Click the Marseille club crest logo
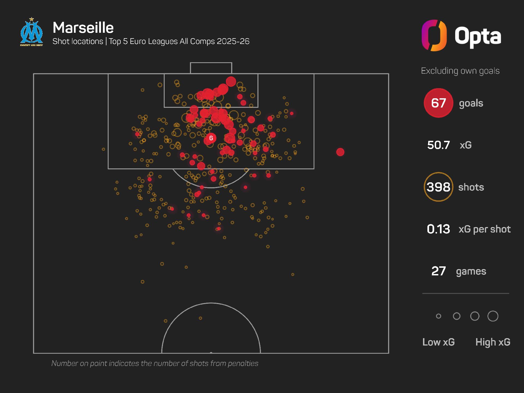[32, 32]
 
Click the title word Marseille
[83, 28]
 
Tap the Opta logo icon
[434, 35]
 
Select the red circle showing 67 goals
[438, 103]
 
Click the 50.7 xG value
[438, 145]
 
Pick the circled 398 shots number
[438, 187]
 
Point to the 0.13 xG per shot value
[438, 229]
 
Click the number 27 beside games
[438, 271]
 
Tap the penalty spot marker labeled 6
[211, 138]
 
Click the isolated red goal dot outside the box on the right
[340, 152]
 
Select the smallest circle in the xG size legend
[439, 316]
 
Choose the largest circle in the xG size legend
[493, 316]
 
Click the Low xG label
[438, 342]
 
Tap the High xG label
[493, 342]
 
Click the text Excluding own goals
[460, 71]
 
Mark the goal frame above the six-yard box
[211, 68]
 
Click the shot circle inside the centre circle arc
[200, 318]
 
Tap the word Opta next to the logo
[478, 36]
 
